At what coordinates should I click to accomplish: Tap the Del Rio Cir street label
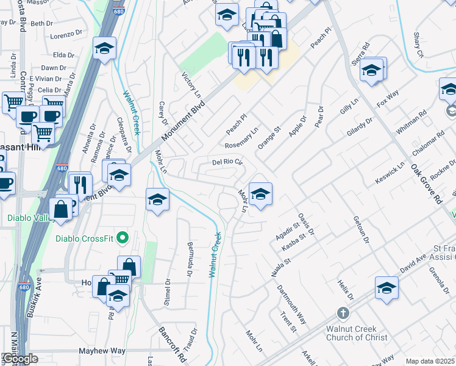(x=227, y=163)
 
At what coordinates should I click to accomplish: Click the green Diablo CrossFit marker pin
(x=123, y=237)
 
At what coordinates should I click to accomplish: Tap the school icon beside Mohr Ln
(x=260, y=195)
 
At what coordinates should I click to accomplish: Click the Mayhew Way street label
(x=102, y=351)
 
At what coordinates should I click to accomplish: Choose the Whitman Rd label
(x=411, y=124)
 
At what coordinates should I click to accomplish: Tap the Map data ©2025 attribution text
(x=430, y=361)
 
